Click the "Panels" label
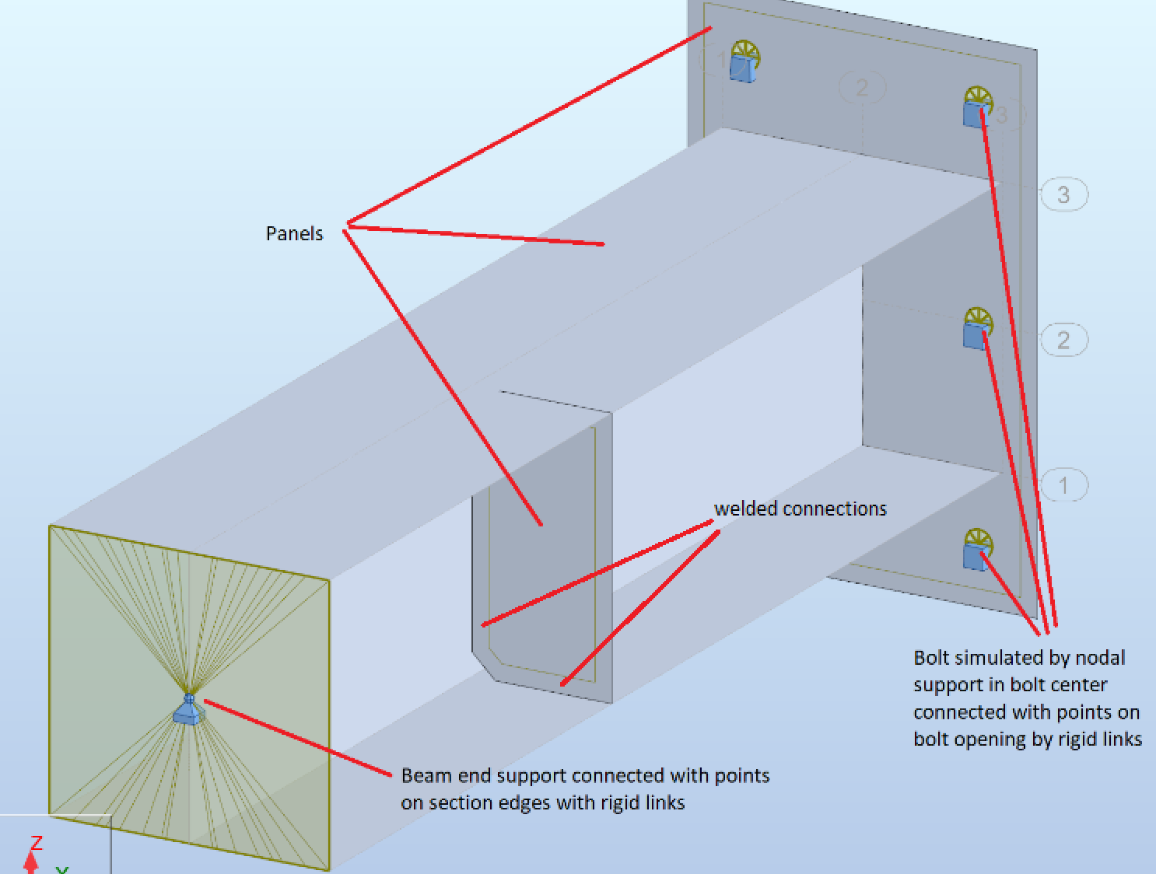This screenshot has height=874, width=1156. [294, 233]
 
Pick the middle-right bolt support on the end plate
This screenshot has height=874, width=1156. [976, 330]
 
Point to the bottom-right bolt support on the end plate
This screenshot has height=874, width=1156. [976, 551]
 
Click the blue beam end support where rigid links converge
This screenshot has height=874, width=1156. [187, 710]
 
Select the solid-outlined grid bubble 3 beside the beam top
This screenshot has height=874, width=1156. [1063, 194]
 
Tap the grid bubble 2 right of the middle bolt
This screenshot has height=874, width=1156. [1063, 340]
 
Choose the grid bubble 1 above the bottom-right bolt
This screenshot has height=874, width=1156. [1063, 485]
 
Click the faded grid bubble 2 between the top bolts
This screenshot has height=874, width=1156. [862, 87]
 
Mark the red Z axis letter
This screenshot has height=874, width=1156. [36, 844]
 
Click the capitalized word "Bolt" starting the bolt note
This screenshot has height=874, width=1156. [931, 658]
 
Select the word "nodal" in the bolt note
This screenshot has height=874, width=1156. [1100, 658]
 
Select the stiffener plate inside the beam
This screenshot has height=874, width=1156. [545, 544]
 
